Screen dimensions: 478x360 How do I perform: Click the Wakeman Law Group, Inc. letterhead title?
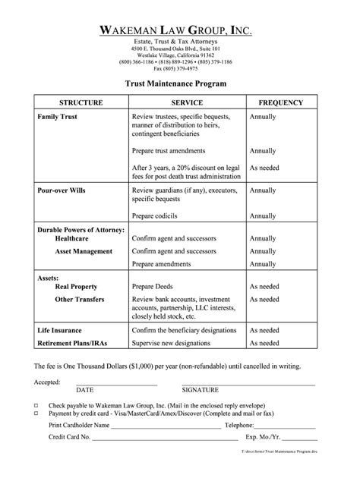pyautogui.click(x=180, y=30)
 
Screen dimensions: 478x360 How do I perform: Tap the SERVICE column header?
pyautogui.click(x=185, y=102)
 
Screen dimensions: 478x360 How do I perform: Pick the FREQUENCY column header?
pyautogui.click(x=281, y=102)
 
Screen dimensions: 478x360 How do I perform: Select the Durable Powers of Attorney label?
pyautogui.click(x=81, y=229)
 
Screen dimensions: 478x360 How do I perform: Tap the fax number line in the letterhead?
pyautogui.click(x=180, y=68)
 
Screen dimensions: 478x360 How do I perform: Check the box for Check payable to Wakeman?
pyautogui.click(x=36, y=406)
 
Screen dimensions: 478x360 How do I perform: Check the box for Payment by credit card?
pyautogui.click(x=36, y=414)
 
